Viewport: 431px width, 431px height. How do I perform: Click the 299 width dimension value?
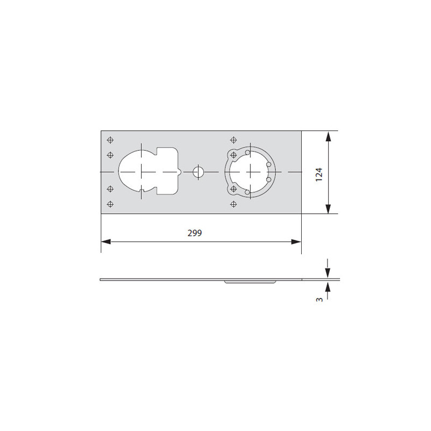194,233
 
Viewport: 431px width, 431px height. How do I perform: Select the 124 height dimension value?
319,174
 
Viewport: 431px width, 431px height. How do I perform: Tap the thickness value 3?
319,299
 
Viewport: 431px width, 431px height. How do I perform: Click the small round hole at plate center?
198,172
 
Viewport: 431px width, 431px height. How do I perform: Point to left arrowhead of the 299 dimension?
106,241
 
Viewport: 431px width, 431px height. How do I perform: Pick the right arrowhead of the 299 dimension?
296,241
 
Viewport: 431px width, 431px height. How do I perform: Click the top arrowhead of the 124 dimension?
328,136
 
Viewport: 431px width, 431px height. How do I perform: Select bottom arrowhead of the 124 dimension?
328,208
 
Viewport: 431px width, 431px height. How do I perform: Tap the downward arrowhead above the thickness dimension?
328,273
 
